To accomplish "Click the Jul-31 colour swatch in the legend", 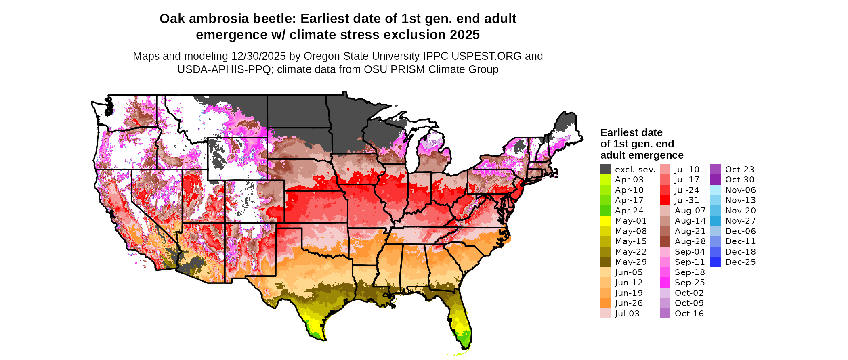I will [x=665, y=200].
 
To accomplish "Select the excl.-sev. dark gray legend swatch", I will [x=605, y=170].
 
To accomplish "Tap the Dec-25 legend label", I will [x=740, y=262].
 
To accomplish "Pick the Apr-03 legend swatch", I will [x=605, y=180].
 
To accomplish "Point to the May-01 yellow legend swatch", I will [x=605, y=221].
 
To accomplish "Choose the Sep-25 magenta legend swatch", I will [x=665, y=283].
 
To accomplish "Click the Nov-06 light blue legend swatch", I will [x=715, y=190].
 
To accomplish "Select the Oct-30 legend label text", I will [x=739, y=180].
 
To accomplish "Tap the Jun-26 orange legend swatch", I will [x=605, y=303].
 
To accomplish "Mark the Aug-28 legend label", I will [x=690, y=241].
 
